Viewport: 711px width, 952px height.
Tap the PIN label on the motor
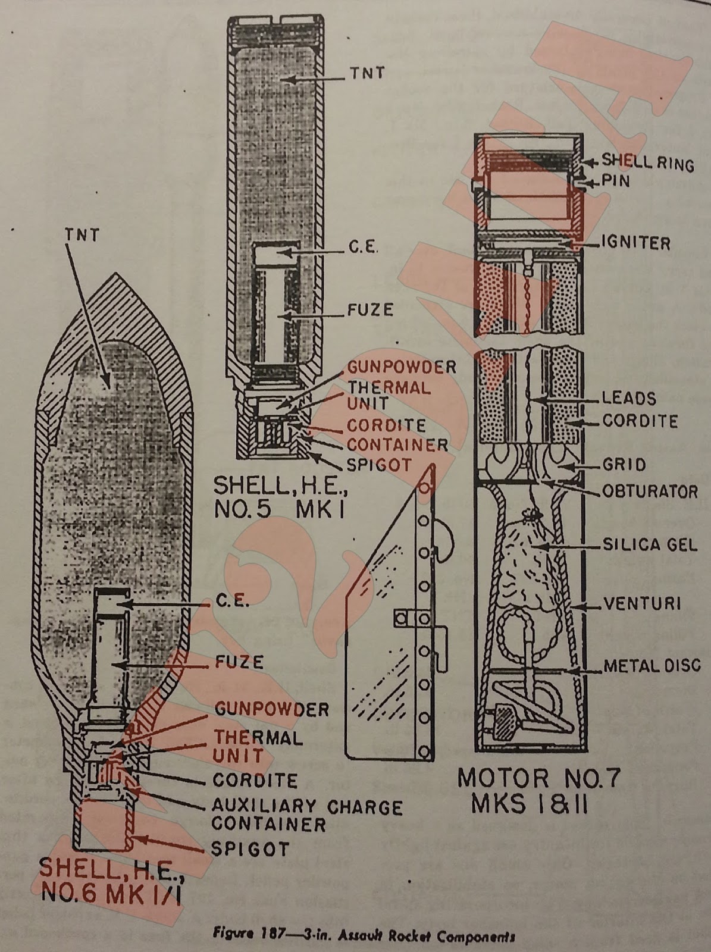[x=615, y=181]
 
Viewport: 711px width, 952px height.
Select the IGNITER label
[x=635, y=243]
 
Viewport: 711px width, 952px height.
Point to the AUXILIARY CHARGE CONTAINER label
[x=307, y=815]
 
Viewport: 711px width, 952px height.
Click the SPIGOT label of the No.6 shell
[x=250, y=848]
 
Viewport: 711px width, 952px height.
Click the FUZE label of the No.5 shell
[x=371, y=310]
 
